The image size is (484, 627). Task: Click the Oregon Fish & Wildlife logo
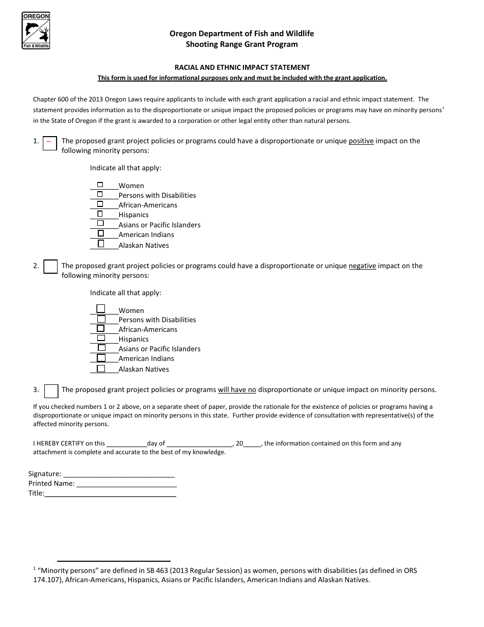[36, 31]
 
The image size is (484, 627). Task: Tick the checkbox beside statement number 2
[50, 267]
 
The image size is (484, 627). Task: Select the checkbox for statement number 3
[51, 390]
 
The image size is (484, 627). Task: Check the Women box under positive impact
[100, 185]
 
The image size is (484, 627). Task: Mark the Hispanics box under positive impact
[100, 214]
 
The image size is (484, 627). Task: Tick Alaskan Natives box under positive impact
[100, 244]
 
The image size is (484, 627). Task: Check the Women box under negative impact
[101, 308]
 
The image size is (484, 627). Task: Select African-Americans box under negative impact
[101, 328]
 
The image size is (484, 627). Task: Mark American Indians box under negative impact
[101, 358]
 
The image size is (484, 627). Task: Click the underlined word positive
[361, 141]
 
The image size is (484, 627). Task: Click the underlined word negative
[362, 266]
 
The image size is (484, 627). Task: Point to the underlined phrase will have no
[237, 390]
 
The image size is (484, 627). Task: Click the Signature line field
[119, 474]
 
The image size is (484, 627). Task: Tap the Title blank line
[110, 493]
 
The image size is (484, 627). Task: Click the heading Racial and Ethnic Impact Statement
[242, 67]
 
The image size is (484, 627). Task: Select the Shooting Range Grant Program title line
[242, 44]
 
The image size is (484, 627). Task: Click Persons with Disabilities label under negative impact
[157, 320]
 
